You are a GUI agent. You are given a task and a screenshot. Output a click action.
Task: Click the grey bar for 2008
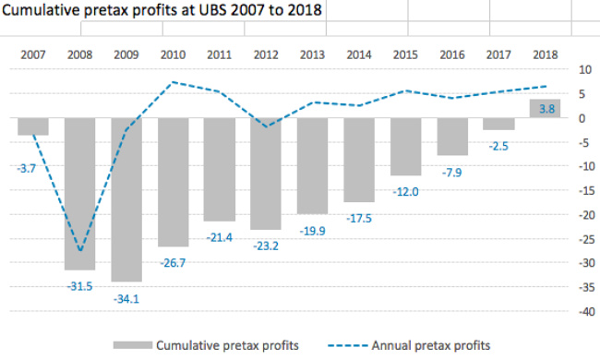[x=79, y=194]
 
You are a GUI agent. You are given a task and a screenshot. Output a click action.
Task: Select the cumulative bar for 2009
[x=126, y=199]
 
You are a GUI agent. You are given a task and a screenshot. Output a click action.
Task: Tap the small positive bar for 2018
[x=545, y=108]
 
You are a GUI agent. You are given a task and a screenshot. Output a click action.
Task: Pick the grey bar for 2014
[x=359, y=160]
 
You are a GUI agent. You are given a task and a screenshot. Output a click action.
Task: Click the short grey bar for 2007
[x=33, y=126]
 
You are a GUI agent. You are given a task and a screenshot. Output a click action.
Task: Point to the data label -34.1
[x=126, y=299]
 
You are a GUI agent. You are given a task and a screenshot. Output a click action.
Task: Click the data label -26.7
[x=173, y=263]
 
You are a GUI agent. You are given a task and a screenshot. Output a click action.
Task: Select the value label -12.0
[x=405, y=192]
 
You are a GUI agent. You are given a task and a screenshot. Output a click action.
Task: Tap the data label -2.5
[x=498, y=146]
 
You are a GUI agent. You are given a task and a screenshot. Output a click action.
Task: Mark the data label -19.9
[x=312, y=231]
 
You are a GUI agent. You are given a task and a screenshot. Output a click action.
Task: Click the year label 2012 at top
[x=266, y=54]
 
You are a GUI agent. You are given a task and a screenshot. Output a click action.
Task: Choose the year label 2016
[x=452, y=54]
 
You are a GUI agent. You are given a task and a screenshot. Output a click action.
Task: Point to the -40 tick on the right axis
[x=587, y=312]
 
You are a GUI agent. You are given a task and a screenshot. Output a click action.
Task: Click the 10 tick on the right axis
[x=585, y=69]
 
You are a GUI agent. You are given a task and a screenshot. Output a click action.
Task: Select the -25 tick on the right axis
[x=587, y=239]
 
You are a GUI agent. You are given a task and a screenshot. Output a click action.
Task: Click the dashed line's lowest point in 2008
[x=80, y=251]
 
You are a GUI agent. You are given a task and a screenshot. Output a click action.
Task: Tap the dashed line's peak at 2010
[x=173, y=82]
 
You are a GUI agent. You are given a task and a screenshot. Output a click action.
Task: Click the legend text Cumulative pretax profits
[x=227, y=345]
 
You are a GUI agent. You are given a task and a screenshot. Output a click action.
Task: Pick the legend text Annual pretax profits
[x=431, y=345]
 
